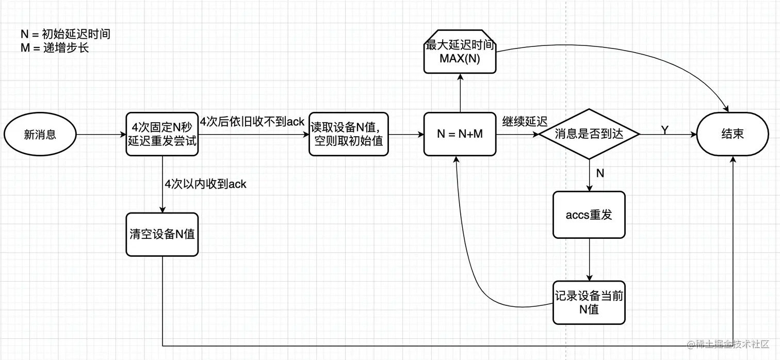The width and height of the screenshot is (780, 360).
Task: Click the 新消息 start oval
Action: [40, 135]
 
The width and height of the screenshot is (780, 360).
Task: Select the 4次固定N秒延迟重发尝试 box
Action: [162, 134]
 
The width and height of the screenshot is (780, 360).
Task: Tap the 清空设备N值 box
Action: [162, 234]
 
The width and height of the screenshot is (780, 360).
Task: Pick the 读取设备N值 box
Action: [348, 134]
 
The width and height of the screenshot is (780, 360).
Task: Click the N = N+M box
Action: [460, 134]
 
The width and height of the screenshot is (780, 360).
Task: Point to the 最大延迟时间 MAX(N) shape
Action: [460, 52]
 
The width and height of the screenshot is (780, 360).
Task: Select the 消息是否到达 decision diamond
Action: [589, 134]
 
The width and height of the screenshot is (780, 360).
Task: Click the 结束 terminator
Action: [733, 134]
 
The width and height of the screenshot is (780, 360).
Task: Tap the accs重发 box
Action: [589, 215]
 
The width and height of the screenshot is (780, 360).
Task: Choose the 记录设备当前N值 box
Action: [589, 302]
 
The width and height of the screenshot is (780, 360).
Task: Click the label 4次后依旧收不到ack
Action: [252, 122]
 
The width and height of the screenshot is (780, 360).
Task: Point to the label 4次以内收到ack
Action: [205, 184]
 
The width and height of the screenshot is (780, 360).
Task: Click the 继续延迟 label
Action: [525, 122]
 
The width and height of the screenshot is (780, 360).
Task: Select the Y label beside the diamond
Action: [665, 130]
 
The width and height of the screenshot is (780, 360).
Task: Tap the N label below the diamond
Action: [600, 173]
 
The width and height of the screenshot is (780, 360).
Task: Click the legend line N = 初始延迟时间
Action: [66, 35]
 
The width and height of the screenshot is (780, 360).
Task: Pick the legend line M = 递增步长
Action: [55, 48]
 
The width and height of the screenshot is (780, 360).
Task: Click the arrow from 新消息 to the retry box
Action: [101, 135]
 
